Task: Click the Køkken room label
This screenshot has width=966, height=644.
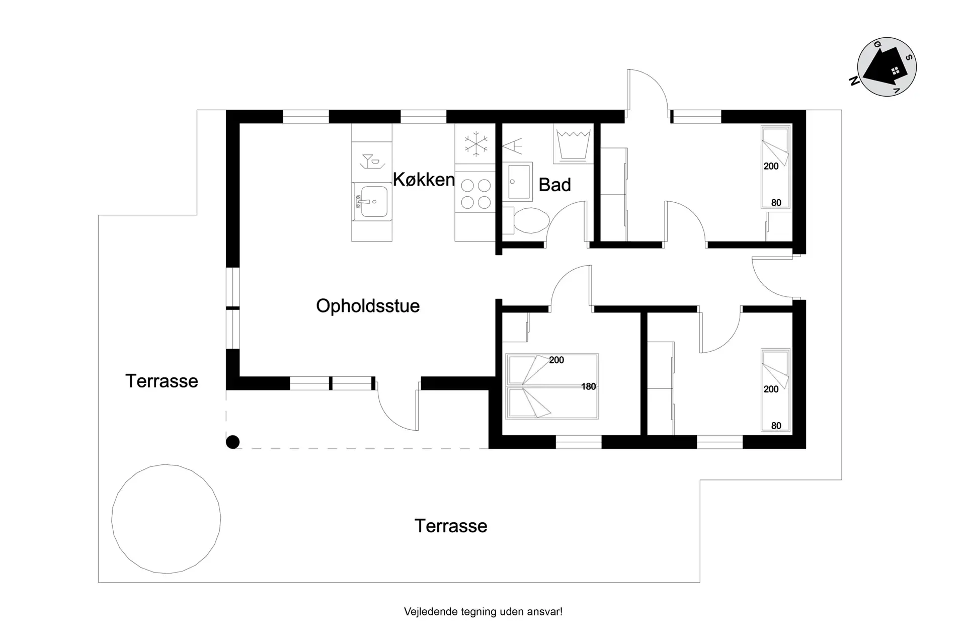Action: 424,180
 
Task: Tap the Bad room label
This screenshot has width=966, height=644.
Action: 554,185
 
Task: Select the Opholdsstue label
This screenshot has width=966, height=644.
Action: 368,306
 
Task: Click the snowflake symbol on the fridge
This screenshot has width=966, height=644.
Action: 475,143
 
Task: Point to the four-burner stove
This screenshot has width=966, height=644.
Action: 475,194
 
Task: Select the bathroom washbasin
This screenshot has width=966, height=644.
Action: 517,181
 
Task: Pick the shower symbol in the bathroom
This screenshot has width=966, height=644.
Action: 513,146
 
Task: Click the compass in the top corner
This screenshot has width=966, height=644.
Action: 887,67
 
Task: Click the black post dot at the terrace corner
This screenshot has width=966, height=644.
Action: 232,442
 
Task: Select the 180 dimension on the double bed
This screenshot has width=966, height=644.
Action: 589,386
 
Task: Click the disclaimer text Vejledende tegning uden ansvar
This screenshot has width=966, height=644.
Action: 483,612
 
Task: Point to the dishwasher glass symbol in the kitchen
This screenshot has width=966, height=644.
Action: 371,161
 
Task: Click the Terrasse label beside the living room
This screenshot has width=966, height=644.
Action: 162,381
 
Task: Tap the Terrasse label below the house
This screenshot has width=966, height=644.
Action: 451,526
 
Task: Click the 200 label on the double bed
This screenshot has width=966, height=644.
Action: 556,360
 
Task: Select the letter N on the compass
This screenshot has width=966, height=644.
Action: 854,81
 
